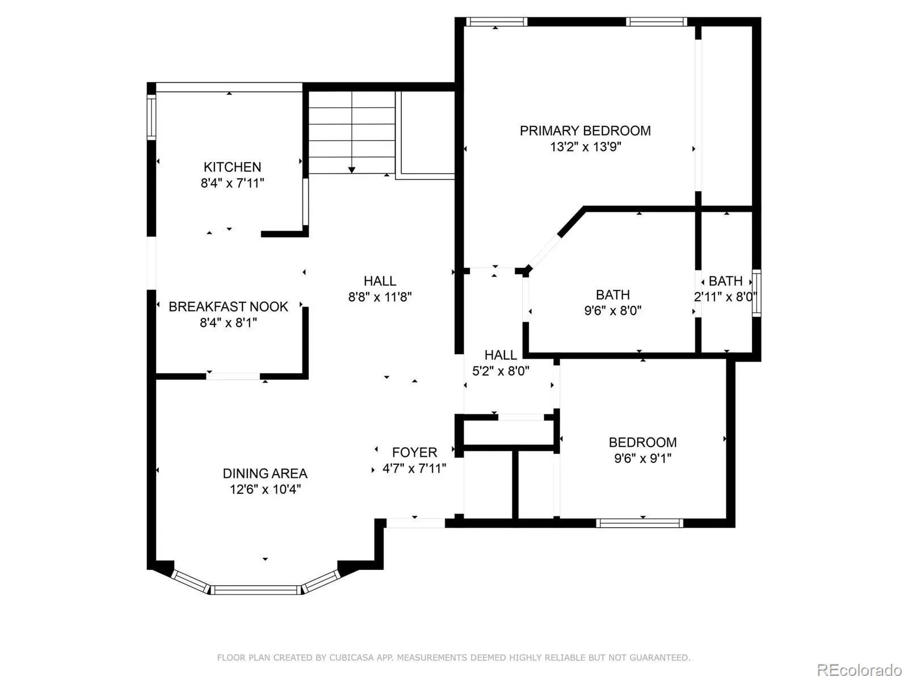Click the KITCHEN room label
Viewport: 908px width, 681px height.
click(x=232, y=167)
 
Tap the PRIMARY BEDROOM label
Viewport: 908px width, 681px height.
click(x=585, y=131)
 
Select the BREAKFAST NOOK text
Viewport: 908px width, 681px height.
click(x=228, y=306)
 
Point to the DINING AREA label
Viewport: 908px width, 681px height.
click(x=264, y=473)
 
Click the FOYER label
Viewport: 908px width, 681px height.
click(x=414, y=452)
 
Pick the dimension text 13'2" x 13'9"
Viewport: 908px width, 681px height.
click(x=585, y=147)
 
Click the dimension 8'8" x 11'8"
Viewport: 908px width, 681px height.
click(x=380, y=297)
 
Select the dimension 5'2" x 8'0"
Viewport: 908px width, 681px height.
click(x=501, y=371)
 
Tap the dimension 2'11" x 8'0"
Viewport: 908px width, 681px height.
click(x=725, y=297)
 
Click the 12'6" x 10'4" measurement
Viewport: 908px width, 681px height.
click(x=264, y=489)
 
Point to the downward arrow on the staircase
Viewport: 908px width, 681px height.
click(x=352, y=169)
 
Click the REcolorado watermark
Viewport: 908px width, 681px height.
click(x=859, y=670)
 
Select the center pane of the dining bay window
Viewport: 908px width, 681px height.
click(x=256, y=590)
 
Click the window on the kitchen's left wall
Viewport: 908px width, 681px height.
click(x=151, y=117)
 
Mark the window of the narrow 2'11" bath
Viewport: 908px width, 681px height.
click(x=756, y=293)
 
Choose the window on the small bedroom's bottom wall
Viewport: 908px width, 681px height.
click(x=640, y=523)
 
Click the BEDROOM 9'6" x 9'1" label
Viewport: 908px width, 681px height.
click(x=642, y=443)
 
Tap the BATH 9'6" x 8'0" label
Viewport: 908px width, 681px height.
click(x=612, y=295)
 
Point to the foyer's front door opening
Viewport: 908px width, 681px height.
click(x=415, y=523)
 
